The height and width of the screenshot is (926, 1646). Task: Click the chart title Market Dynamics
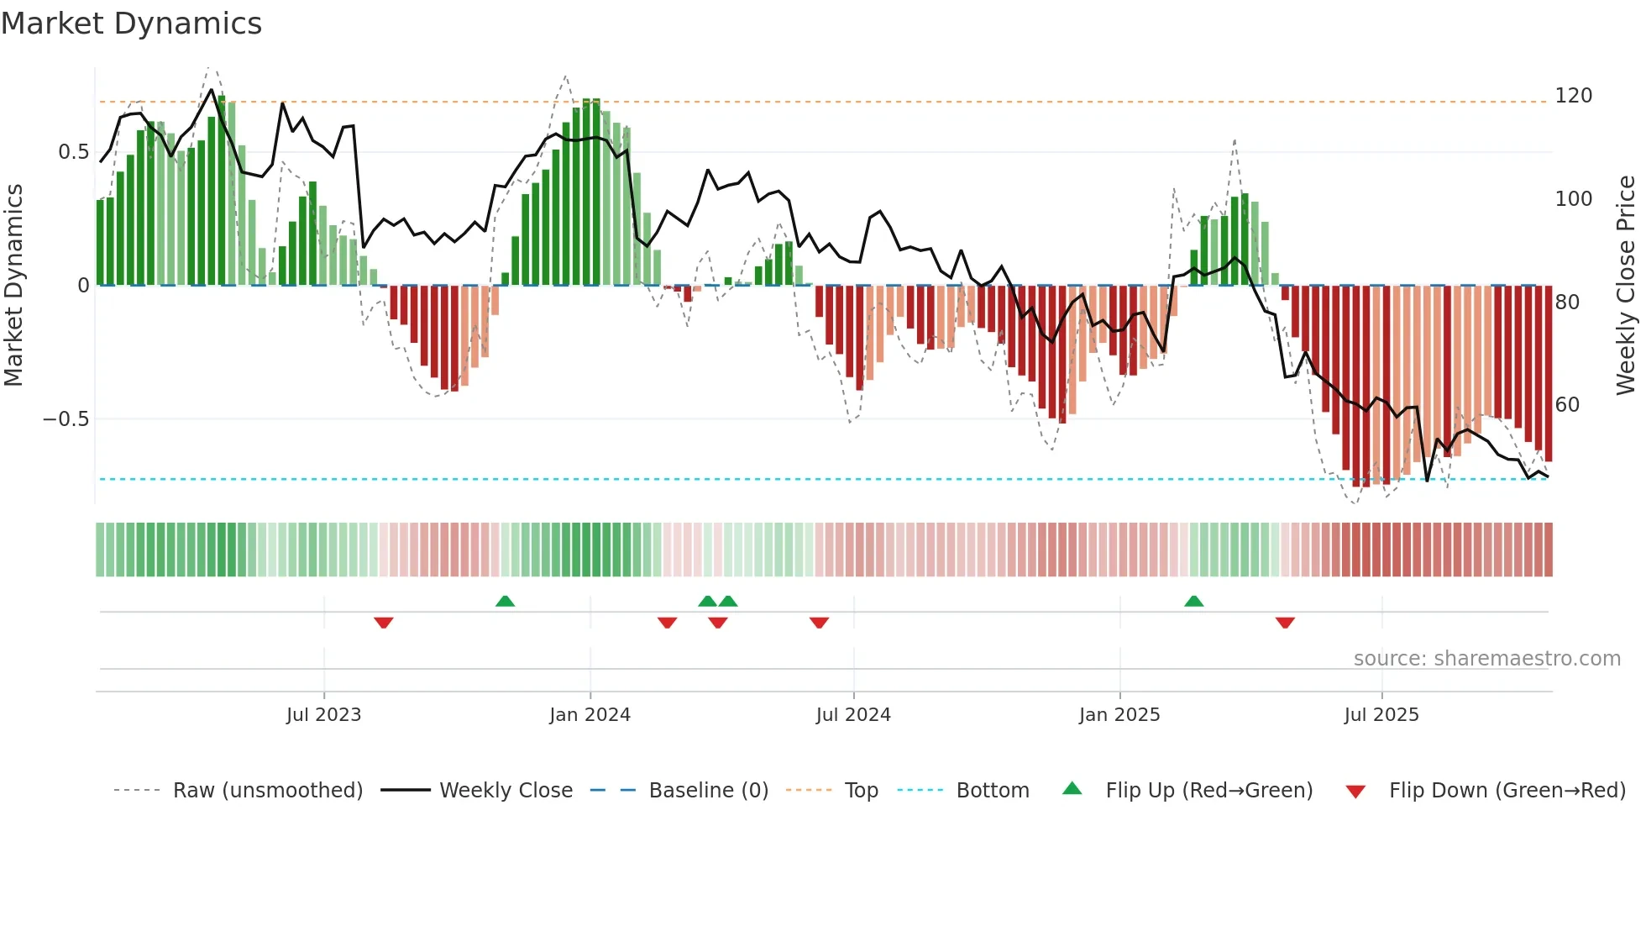pyautogui.click(x=131, y=24)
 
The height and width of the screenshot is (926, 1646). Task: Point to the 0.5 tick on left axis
pyautogui.click(x=73, y=152)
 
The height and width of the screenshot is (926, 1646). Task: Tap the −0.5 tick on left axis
pyautogui.click(x=66, y=419)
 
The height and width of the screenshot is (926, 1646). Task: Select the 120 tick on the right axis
pyautogui.click(x=1573, y=96)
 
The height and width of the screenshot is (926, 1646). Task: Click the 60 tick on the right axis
pyautogui.click(x=1567, y=405)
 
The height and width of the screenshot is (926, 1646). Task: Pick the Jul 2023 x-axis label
pyautogui.click(x=323, y=715)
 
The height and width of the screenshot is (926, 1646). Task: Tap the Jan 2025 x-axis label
pyautogui.click(x=1119, y=715)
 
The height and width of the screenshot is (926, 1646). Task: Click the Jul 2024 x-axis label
pyautogui.click(x=852, y=715)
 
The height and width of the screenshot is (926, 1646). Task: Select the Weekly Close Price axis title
pyautogui.click(x=1626, y=286)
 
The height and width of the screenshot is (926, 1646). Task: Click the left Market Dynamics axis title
pyautogui.click(x=13, y=286)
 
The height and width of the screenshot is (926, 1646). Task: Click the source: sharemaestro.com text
pyautogui.click(x=1486, y=659)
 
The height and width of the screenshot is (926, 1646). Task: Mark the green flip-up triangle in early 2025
pyautogui.click(x=1193, y=601)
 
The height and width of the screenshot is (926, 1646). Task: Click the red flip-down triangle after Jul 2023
pyautogui.click(x=384, y=623)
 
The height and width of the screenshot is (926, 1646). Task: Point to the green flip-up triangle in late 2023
pyautogui.click(x=505, y=601)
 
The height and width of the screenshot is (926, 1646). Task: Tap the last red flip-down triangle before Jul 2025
pyautogui.click(x=1285, y=623)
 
